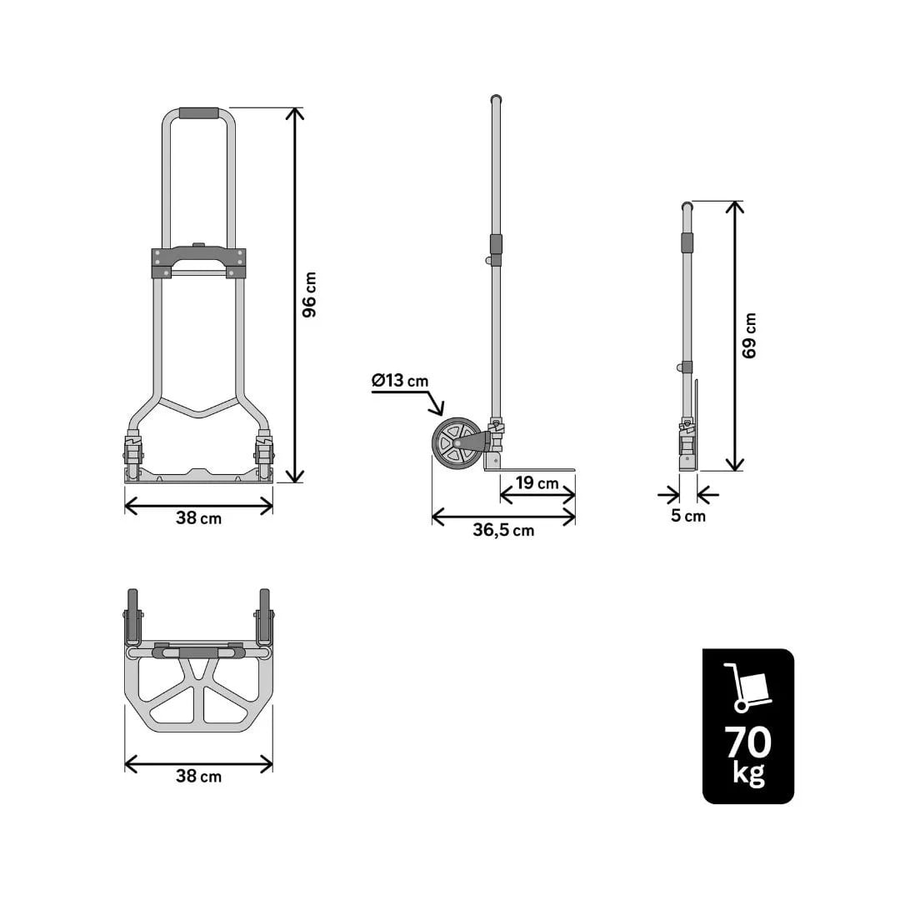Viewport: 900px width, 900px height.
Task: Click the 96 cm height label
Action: (309, 294)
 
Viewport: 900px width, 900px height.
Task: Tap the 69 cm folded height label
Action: (749, 335)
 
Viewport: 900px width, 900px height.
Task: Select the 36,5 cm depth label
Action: (503, 531)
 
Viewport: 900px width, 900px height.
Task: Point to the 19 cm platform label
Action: (537, 483)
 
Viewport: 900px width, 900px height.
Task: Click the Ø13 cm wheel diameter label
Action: (400, 381)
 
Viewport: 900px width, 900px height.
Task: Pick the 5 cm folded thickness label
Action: (687, 516)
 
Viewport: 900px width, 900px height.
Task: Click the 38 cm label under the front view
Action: (198, 517)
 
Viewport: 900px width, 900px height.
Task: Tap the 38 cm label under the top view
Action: (198, 776)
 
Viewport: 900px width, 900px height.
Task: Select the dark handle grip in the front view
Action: (198, 113)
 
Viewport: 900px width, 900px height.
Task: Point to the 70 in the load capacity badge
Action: (747, 741)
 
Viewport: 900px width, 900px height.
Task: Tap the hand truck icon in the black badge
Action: (747, 687)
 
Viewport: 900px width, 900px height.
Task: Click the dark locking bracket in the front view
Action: (198, 262)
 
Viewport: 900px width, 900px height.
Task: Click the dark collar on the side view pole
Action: (496, 244)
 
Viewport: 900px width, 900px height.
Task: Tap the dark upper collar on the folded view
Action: (687, 242)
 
